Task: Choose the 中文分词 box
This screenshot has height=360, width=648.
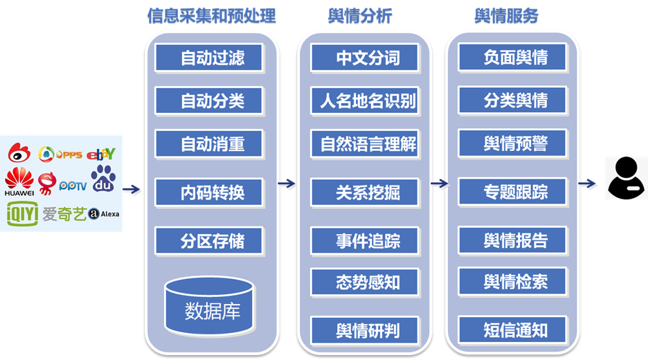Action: point(368,57)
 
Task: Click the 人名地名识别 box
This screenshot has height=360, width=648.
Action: point(368,101)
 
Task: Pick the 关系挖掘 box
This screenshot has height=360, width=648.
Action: point(368,192)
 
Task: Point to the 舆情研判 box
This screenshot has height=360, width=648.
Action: point(368,330)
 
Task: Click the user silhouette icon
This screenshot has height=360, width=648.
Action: point(626,178)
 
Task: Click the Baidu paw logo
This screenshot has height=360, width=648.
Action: point(104,179)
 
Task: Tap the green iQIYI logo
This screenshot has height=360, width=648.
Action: point(22,214)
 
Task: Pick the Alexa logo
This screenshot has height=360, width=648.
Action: point(104,214)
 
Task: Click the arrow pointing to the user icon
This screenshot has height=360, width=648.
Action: point(588,183)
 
